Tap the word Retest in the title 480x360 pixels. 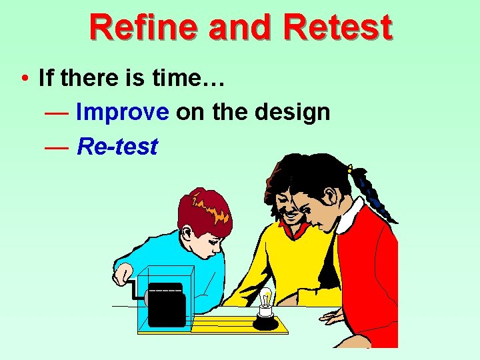tap(337, 27)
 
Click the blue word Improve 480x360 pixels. tap(123, 112)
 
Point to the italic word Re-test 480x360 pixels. tap(117, 146)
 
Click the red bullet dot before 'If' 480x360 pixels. tap(23, 79)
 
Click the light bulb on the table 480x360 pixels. tap(266, 301)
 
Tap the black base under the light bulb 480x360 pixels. tap(266, 323)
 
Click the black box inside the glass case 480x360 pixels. tap(166, 307)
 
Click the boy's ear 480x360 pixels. tap(189, 235)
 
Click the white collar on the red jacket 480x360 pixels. tap(350, 217)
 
